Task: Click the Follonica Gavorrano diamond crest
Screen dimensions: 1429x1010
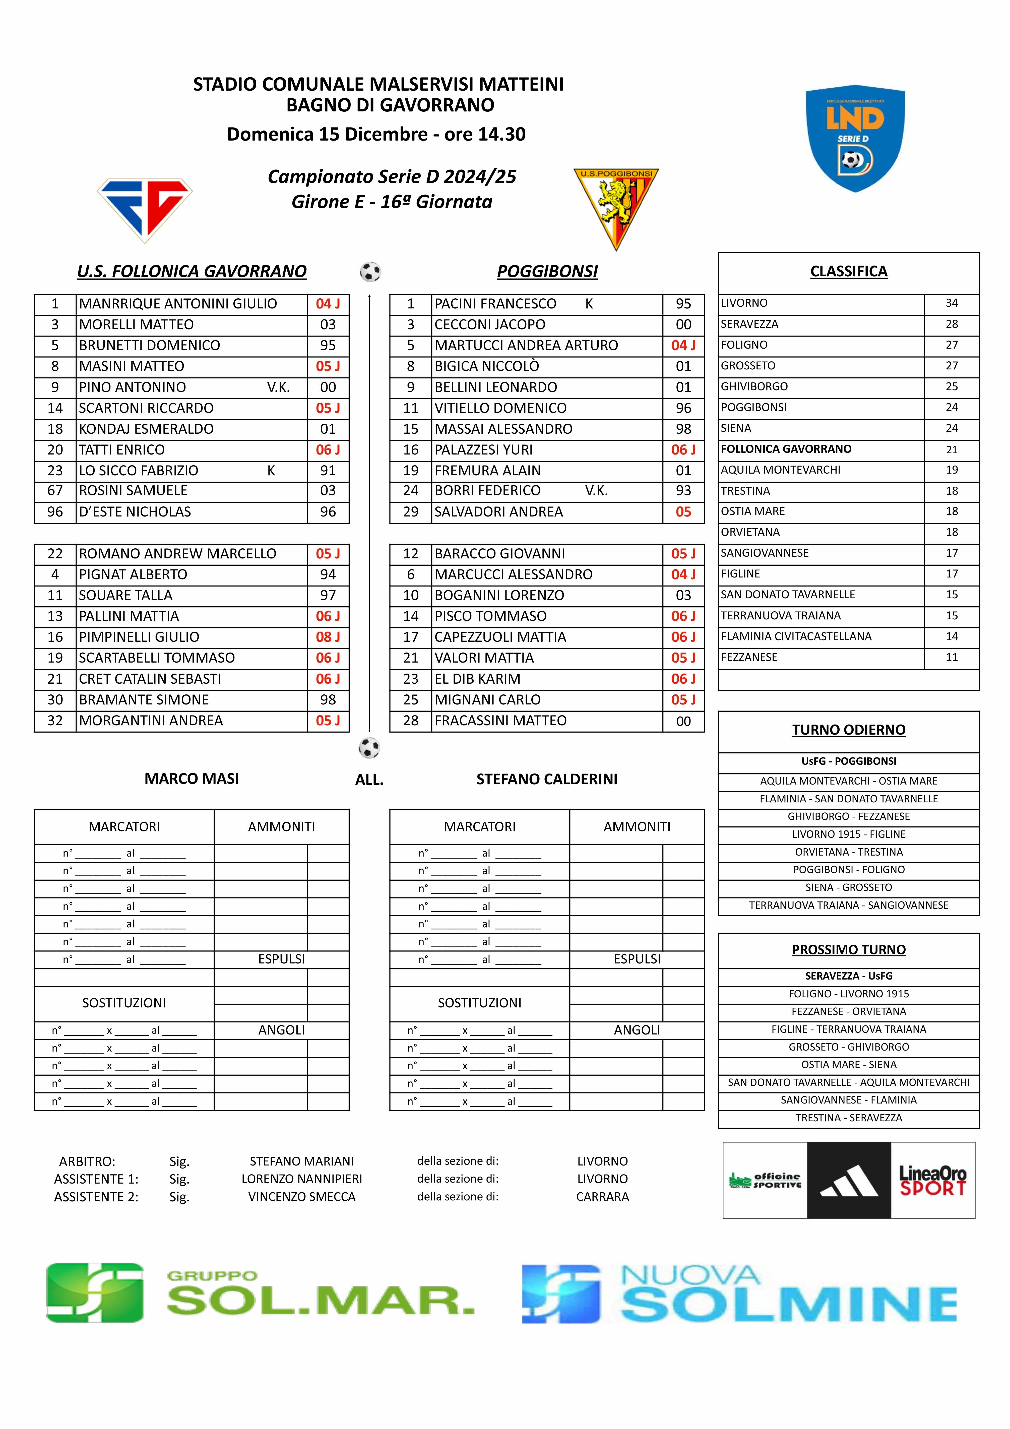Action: click(x=145, y=209)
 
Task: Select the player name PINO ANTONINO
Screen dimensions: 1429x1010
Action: click(x=133, y=387)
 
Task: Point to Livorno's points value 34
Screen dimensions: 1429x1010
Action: click(x=952, y=303)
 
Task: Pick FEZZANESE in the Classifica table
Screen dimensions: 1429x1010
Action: click(x=749, y=657)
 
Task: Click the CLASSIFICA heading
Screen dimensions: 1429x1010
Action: click(x=849, y=271)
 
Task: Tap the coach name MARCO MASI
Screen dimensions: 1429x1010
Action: click(x=192, y=778)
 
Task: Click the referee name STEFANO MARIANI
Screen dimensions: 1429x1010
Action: click(x=302, y=1161)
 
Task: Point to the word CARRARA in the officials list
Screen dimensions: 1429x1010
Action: click(x=602, y=1197)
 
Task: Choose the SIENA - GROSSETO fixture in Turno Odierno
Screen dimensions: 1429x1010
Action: click(x=849, y=887)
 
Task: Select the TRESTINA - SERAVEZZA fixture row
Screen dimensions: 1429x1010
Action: click(x=849, y=1118)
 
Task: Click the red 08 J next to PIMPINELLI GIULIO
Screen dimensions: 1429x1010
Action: click(x=328, y=637)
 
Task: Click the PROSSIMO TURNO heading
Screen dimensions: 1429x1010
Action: click(x=849, y=950)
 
